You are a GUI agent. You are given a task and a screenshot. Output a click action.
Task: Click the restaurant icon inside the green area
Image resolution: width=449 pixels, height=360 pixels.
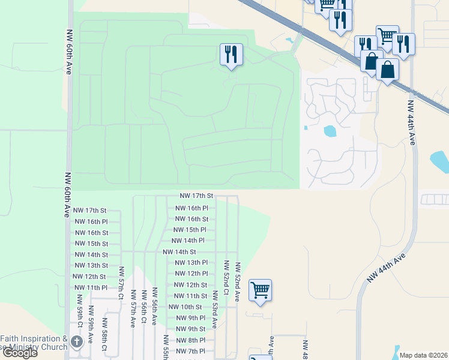pos(231,55)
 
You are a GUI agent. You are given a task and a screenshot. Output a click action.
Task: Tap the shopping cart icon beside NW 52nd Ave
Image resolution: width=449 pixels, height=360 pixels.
pos(260,290)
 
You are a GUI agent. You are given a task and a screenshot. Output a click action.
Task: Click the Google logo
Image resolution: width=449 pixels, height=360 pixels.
pos(20,353)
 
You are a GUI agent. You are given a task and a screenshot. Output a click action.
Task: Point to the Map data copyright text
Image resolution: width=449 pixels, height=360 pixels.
pos(423,355)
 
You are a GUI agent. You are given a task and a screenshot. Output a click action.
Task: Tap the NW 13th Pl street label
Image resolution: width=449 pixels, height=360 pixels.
pos(191,263)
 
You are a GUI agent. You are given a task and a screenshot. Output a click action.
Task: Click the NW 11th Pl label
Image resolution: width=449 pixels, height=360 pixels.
pos(89,287)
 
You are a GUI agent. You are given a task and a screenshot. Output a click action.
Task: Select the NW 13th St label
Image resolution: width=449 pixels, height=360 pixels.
pos(89,265)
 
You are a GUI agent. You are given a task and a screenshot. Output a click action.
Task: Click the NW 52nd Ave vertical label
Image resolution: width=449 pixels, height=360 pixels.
pos(238,281)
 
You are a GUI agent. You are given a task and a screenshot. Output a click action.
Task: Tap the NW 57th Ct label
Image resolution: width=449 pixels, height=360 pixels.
pos(121,283)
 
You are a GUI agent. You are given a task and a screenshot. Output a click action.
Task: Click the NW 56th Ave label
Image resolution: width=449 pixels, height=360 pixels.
pos(154,307)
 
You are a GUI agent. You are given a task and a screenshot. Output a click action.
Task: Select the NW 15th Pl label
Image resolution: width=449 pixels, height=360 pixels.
pos(190,230)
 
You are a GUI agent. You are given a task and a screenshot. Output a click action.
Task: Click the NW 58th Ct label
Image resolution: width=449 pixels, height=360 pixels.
pos(104,340)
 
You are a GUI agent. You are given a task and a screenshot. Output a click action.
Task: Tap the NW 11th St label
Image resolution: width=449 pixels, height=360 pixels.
pos(191,296)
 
